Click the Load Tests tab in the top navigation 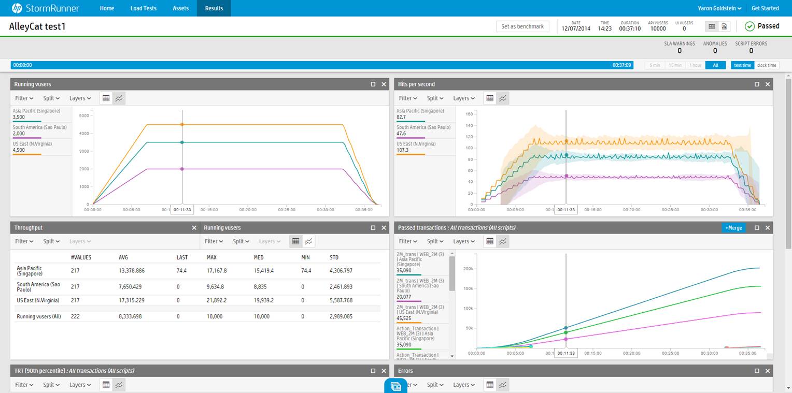click(x=143, y=8)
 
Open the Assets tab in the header click(x=180, y=8)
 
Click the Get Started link click(x=765, y=8)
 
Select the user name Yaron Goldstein click(x=719, y=8)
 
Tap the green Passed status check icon click(x=749, y=26)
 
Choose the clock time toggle click(x=767, y=65)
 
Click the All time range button click(x=715, y=65)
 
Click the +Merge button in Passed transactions click(x=733, y=228)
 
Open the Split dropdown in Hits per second click(x=435, y=98)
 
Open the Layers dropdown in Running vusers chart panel click(x=80, y=98)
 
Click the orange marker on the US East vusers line click(x=182, y=124)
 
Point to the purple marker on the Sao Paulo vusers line click(x=182, y=169)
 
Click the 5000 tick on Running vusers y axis click(x=84, y=115)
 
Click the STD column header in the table click(x=334, y=257)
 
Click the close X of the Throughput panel click(x=194, y=228)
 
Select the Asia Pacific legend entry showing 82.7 click(x=420, y=114)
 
